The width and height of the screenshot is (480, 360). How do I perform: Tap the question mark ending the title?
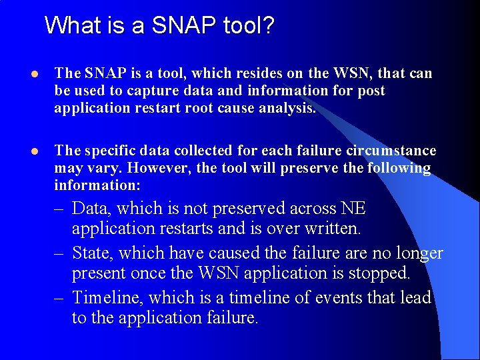(x=268, y=26)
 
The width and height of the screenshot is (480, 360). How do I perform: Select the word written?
(x=329, y=229)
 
